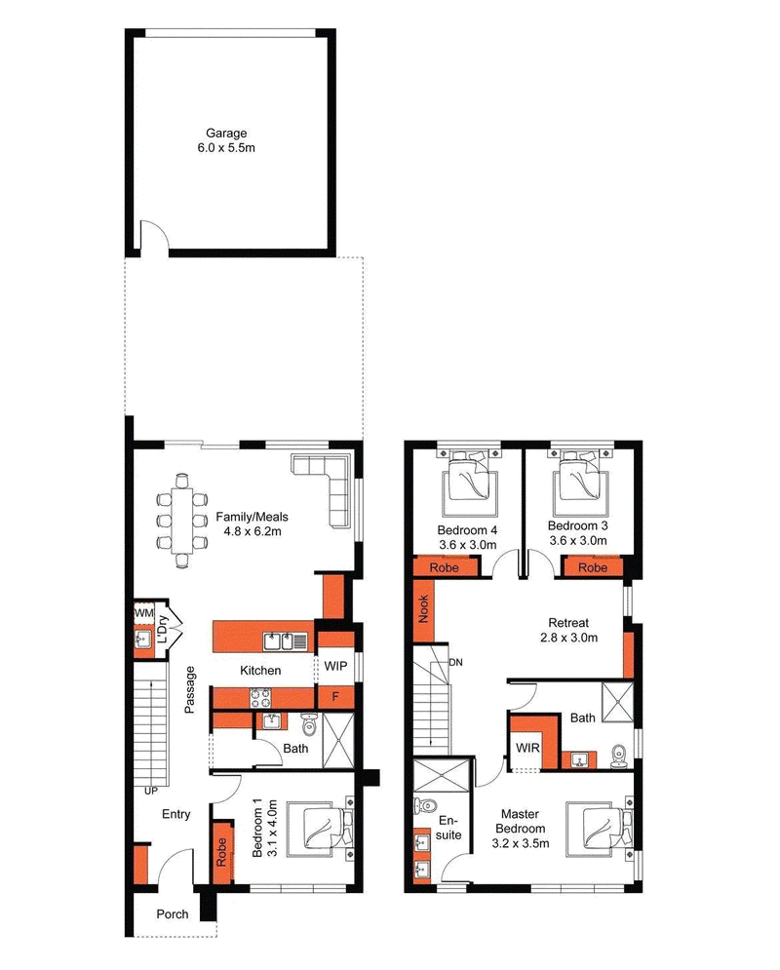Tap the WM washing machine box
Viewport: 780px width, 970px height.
[143, 613]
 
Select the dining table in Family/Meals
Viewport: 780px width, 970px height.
[182, 521]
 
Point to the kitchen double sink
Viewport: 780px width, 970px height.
[285, 641]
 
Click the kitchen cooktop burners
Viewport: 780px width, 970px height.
[260, 698]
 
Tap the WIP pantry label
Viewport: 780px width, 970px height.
[335, 666]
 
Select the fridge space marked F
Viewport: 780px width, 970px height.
[335, 697]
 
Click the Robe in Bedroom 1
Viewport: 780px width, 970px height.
[221, 852]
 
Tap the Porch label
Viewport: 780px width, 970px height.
[172, 913]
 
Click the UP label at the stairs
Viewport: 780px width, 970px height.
[150, 791]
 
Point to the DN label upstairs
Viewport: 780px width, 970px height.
[456, 662]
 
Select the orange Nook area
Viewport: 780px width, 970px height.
[424, 609]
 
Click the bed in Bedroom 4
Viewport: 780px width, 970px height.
[470, 481]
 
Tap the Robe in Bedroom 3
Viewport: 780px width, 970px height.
[592, 567]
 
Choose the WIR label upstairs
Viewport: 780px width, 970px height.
[527, 748]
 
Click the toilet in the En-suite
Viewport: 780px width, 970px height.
[425, 805]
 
